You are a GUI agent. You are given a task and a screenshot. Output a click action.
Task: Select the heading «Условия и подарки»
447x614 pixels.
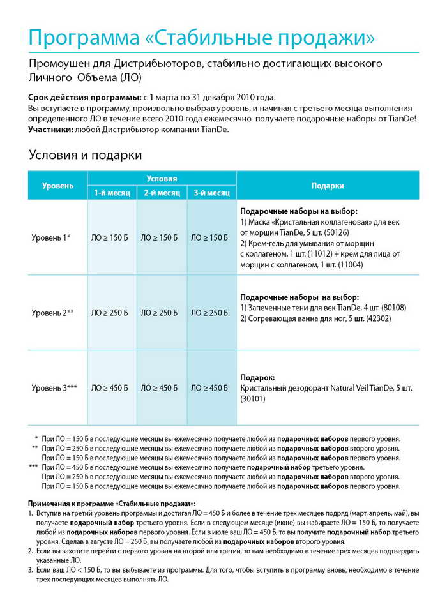click(85, 155)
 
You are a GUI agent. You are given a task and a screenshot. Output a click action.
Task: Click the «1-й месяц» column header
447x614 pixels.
click(112, 193)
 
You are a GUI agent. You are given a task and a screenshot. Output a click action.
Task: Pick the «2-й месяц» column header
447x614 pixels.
click(162, 193)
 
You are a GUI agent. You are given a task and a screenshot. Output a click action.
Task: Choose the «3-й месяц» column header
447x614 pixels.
click(211, 193)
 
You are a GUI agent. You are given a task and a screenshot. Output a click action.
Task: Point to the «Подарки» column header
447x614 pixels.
click(328, 186)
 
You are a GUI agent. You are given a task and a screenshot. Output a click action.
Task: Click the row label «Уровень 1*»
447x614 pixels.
click(51, 237)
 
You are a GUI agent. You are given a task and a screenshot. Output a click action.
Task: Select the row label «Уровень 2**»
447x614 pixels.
click(53, 313)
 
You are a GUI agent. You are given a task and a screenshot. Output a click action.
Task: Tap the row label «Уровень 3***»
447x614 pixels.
click(54, 387)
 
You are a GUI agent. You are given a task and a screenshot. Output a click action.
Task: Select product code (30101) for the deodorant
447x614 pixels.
click(254, 399)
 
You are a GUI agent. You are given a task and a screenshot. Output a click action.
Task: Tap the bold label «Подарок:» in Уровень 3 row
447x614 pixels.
click(259, 377)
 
